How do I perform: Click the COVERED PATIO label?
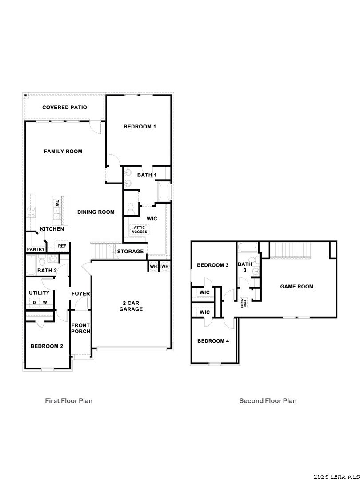64,108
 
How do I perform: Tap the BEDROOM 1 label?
140,127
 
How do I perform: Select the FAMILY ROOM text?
63,152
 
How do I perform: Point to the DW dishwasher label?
57,203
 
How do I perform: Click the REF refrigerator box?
62,246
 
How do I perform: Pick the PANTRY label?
36,249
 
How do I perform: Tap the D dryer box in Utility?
34,303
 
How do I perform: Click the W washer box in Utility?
45,303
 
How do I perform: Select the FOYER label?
80,294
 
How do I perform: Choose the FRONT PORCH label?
80,328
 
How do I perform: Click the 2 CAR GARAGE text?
131,306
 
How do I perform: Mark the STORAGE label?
130,252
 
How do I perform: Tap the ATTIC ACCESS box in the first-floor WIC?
139,230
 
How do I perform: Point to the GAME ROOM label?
296,287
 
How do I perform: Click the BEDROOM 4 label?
213,341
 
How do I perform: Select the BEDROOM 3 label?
212,265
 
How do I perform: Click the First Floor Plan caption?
69,401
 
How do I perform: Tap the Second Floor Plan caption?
268,401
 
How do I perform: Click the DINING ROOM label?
96,212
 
